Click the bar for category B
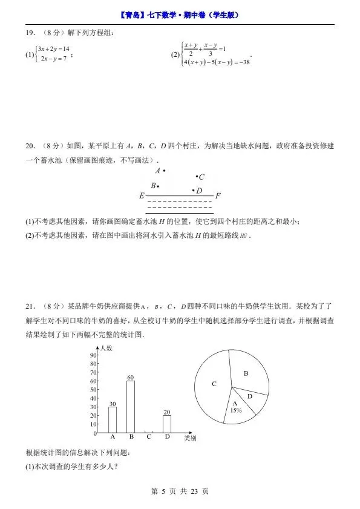pyautogui.click(x=131, y=407)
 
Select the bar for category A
pyautogui.click(x=113, y=419)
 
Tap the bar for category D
pyautogui.click(x=166, y=424)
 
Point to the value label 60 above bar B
pyautogui.click(x=130, y=377)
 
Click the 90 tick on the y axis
pyautogui.click(x=93, y=355)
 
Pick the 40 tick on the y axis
pyautogui.click(x=93, y=398)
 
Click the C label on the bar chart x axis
pyautogui.click(x=148, y=436)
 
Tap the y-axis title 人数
pyautogui.click(x=106, y=348)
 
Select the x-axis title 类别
pyautogui.click(x=189, y=438)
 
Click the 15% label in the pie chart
pyautogui.click(x=236, y=410)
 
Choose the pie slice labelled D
pyautogui.click(x=249, y=396)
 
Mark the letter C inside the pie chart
pyautogui.click(x=214, y=384)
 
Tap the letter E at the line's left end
pyautogui.click(x=142, y=196)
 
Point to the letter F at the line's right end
pyautogui.click(x=218, y=196)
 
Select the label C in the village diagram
pyautogui.click(x=201, y=177)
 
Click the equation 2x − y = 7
pyautogui.click(x=52, y=59)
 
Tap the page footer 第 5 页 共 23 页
pyautogui.click(x=180, y=491)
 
